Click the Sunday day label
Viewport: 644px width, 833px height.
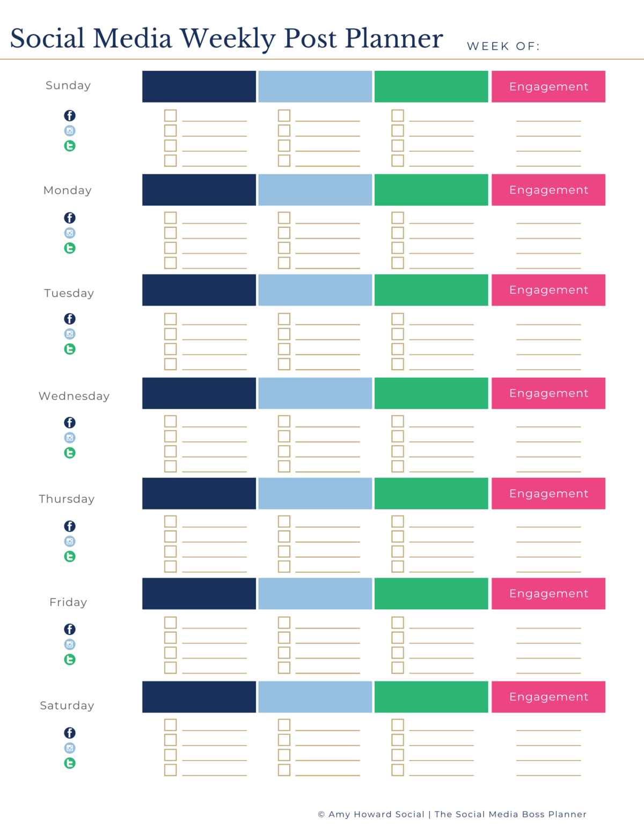tap(68, 85)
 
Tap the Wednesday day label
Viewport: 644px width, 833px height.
tap(74, 396)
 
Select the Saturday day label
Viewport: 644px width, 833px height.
tap(67, 705)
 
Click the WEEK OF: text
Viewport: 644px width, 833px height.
tap(503, 46)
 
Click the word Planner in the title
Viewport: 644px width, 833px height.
tap(394, 39)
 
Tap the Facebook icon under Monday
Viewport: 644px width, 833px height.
tap(70, 218)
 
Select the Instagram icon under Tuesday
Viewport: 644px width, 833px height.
tap(70, 334)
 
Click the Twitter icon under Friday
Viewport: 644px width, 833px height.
tap(70, 659)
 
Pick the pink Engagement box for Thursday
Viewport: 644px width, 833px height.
tap(548, 493)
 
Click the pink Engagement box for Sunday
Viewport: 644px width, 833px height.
tap(548, 86)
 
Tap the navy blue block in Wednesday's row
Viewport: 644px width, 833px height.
tap(199, 393)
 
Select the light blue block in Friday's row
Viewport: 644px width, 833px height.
tap(315, 593)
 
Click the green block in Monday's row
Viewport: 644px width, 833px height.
tap(431, 190)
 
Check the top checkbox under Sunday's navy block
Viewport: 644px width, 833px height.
tap(170, 115)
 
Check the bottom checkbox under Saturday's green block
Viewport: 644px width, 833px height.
tap(398, 770)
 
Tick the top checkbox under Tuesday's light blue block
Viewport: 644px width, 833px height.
tap(284, 319)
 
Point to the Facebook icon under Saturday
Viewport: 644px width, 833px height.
tap(70, 733)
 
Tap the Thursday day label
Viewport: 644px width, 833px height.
tap(67, 499)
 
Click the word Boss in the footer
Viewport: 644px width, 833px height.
tap(533, 814)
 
